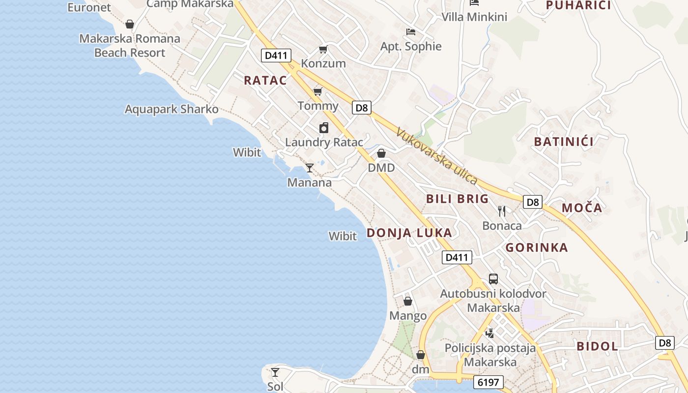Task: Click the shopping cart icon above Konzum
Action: (x=323, y=49)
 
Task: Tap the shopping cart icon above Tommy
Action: (x=318, y=91)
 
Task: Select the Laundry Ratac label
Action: (x=324, y=142)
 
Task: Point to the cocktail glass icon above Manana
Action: (x=309, y=168)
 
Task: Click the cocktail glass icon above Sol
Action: (x=275, y=372)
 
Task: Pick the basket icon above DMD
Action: (x=381, y=154)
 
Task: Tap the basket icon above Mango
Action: (x=408, y=301)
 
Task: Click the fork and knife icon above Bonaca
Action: (x=502, y=211)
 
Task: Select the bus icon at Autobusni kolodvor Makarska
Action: (x=493, y=279)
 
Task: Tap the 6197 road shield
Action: (x=488, y=382)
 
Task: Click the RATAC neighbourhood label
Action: (x=265, y=81)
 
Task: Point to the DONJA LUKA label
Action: (x=409, y=233)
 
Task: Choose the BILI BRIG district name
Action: (x=458, y=199)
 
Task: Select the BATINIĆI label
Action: (x=564, y=142)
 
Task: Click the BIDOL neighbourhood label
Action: (x=597, y=346)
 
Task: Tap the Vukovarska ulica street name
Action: (x=436, y=157)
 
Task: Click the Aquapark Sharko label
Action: (x=172, y=109)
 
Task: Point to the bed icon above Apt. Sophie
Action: (x=411, y=32)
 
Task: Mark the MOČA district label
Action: (x=582, y=208)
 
